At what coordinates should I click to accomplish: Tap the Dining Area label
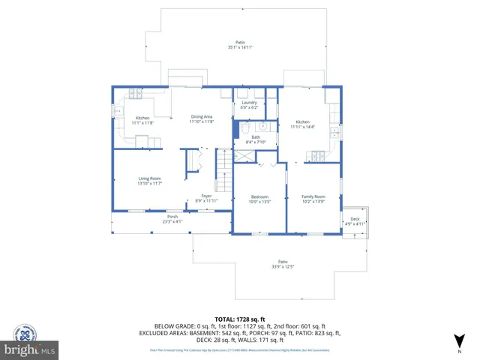(x=202, y=117)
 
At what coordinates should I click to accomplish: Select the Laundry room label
(x=249, y=103)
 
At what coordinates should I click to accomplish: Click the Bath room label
(x=256, y=137)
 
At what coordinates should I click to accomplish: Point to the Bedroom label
(x=259, y=197)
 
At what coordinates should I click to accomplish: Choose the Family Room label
(x=313, y=197)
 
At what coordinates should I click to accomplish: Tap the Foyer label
(x=206, y=196)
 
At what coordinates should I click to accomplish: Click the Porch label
(x=172, y=217)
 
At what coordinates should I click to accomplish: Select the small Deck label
(x=355, y=219)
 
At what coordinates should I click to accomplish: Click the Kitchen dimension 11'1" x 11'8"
(x=142, y=122)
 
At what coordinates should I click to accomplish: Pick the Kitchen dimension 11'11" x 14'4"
(x=302, y=126)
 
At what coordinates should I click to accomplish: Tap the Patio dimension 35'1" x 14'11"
(x=240, y=47)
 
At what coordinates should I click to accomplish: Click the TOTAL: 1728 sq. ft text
(x=240, y=319)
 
